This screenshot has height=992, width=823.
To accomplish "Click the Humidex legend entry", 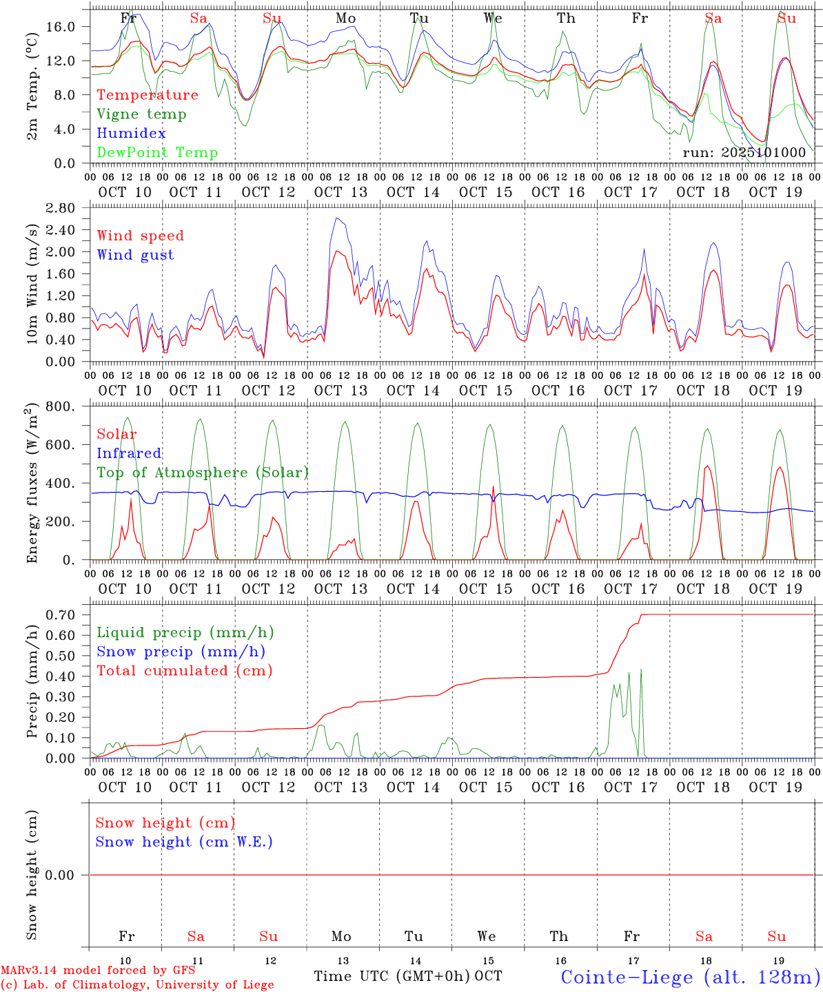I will [131, 134].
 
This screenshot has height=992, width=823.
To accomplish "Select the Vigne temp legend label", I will [141, 114].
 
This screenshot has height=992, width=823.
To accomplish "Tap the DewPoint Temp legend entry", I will [157, 153].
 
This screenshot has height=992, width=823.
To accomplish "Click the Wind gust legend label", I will [135, 255].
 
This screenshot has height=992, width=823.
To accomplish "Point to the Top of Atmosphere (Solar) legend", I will [203, 473].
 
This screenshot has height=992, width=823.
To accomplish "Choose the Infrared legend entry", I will [129, 453].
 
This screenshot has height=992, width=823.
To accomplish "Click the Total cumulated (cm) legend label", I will [184, 671].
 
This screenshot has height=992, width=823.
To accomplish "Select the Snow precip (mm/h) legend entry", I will [181, 652].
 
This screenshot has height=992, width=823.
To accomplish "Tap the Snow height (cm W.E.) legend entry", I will [184, 842].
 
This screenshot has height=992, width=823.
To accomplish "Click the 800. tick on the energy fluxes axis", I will [61, 406].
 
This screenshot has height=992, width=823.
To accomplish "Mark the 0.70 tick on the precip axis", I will [61, 614].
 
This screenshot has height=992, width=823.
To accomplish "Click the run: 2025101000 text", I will [744, 153].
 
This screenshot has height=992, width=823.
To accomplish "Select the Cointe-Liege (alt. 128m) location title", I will [690, 977].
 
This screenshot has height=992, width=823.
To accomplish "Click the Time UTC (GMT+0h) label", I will [392, 976].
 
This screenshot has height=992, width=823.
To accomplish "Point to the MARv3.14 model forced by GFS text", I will [98, 971].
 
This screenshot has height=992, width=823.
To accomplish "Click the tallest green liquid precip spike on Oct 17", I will [640, 670].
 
